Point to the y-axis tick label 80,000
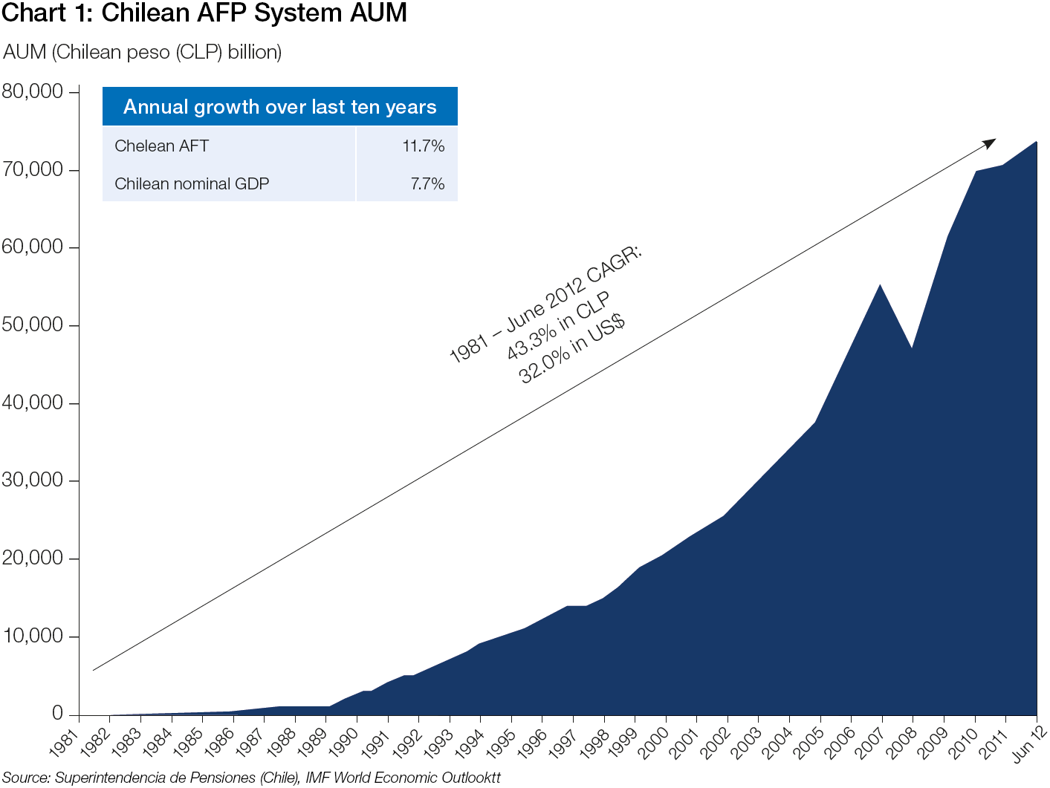coord(33,91)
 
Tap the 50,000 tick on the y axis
coord(33,325)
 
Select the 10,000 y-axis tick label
coord(33,636)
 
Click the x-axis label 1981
coord(64,743)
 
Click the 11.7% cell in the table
coord(423,146)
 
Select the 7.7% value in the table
coord(427,184)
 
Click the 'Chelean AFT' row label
coord(161,146)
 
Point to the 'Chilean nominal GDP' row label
coord(192,184)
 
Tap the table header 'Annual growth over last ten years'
coord(279,107)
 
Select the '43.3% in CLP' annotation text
coord(558,326)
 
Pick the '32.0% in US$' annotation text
coord(571,350)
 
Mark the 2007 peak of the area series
coord(881,285)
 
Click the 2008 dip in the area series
coord(912,348)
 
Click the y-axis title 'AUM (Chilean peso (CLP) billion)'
coord(143,52)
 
